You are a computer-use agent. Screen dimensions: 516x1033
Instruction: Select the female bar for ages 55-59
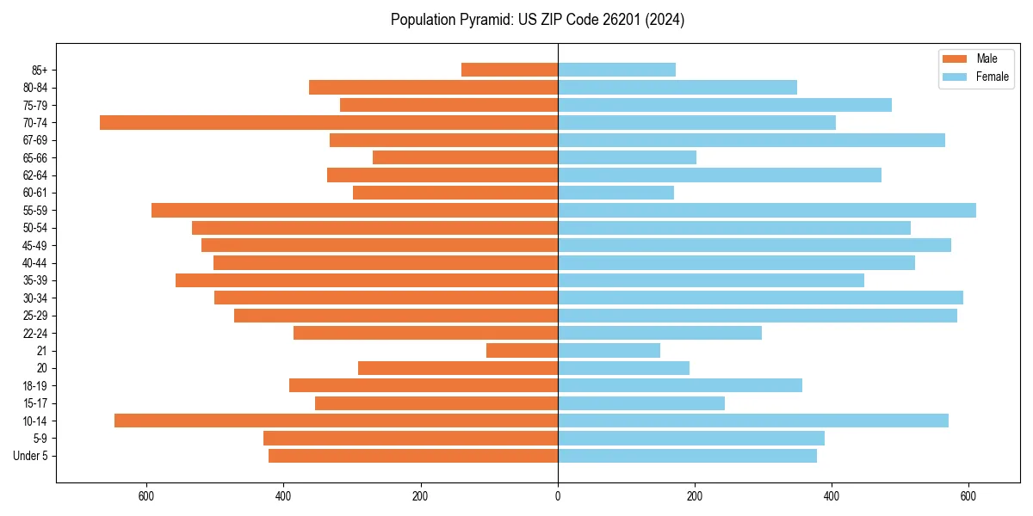click(x=767, y=210)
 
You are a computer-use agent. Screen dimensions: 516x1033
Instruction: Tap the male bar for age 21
click(x=522, y=351)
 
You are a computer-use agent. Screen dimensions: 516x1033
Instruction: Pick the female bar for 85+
click(x=616, y=70)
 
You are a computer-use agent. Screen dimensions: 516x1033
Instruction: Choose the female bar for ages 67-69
click(x=752, y=140)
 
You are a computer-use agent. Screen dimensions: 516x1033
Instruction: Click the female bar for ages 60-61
click(x=615, y=193)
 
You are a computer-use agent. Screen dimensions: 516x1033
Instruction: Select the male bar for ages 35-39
click(x=367, y=280)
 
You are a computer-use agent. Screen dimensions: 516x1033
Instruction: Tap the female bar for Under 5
click(x=687, y=456)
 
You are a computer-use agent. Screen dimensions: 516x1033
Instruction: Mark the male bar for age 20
click(x=458, y=368)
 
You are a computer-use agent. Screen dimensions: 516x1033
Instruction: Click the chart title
click(x=537, y=20)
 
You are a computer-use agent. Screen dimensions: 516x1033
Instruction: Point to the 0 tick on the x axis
click(x=558, y=496)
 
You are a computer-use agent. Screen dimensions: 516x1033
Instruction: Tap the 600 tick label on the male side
click(x=146, y=496)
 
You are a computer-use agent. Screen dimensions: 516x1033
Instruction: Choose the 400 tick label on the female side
click(x=832, y=496)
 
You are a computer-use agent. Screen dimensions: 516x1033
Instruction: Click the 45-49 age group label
click(x=35, y=245)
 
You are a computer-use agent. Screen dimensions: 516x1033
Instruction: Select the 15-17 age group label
click(x=35, y=403)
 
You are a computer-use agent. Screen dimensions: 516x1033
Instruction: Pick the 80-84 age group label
click(x=35, y=88)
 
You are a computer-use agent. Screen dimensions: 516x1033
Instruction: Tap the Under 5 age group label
click(x=31, y=456)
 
